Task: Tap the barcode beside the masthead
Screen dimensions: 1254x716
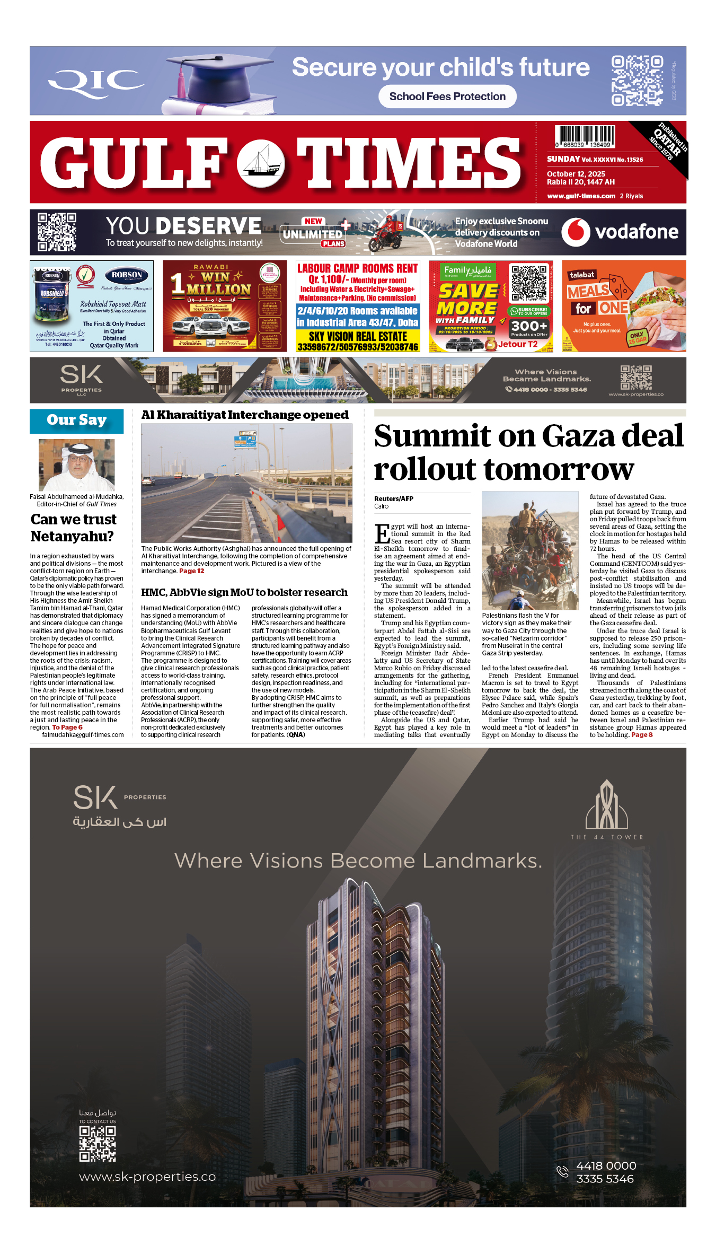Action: coord(585,137)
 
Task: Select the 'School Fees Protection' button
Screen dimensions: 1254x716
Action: coord(447,97)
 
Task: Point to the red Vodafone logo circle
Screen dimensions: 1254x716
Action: coord(576,232)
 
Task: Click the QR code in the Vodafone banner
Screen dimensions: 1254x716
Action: coord(57,232)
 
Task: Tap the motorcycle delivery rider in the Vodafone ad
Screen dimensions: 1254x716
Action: coord(387,233)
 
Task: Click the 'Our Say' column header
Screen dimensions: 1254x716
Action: coord(77,420)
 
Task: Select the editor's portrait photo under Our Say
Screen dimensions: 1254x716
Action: coord(77,464)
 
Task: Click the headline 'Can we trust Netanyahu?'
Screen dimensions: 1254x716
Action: coord(73,528)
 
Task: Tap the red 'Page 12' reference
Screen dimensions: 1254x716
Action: coord(191,571)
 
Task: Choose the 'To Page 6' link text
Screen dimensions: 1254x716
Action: coord(67,727)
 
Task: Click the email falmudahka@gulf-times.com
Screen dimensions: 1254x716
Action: coord(83,735)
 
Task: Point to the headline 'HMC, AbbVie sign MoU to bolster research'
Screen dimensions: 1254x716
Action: coord(244,592)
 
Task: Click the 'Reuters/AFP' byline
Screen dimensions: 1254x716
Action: coord(394,499)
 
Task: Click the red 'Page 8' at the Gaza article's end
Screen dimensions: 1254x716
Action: coord(642,735)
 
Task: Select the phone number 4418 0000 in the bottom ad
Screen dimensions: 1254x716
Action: coord(606,1165)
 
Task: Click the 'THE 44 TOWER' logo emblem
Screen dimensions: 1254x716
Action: coord(607,805)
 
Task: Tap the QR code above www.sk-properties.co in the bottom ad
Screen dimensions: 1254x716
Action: coord(98,1144)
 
